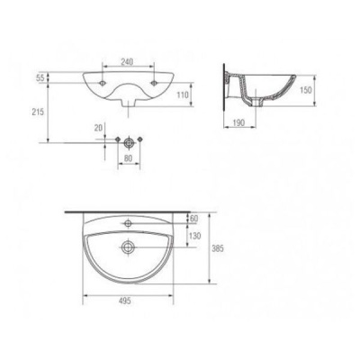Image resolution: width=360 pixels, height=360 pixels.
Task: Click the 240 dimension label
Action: click(127, 61)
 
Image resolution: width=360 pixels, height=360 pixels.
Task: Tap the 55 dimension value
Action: click(40, 77)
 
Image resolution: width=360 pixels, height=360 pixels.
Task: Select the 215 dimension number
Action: click(38, 112)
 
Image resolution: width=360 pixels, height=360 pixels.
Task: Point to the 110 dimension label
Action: click(183, 94)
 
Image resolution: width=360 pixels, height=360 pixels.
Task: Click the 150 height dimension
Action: click(306, 90)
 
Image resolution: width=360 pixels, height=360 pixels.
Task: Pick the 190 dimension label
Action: click(238, 122)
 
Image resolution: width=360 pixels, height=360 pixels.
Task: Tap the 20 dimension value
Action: click(98, 128)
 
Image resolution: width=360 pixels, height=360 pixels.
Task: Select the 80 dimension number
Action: click(128, 158)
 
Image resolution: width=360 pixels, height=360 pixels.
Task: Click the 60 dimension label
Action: click(194, 219)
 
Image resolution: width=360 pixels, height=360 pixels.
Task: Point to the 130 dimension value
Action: click(195, 236)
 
